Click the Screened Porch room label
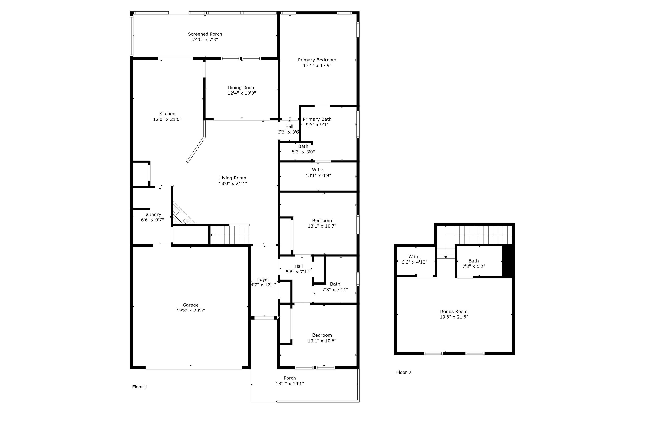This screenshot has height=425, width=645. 205,34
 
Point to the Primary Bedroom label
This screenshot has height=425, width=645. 317,60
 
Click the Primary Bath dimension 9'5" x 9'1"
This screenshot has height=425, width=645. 317,125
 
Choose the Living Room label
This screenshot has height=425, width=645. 233,178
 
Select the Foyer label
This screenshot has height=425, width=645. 263,279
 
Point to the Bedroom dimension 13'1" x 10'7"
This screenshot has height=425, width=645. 322,226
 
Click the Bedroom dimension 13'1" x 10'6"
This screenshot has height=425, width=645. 322,341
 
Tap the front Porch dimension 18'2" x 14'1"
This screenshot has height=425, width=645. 290,383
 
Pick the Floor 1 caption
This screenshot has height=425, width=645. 140,387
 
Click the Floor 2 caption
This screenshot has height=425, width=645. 404,372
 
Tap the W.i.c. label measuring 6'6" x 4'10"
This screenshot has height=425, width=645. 414,257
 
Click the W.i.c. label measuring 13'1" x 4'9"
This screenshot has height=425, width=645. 318,170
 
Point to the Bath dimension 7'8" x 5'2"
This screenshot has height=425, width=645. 473,266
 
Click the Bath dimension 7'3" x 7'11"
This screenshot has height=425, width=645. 335,289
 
